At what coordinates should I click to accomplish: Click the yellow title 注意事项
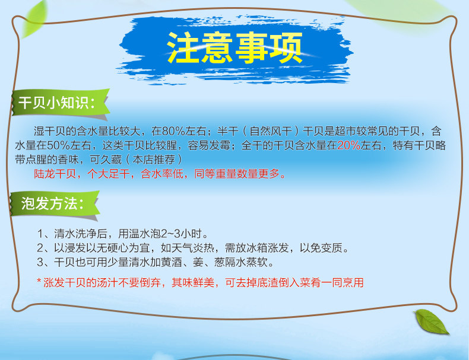(235, 48)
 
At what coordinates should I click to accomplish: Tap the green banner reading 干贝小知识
(61, 103)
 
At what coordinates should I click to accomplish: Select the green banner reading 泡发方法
(55, 204)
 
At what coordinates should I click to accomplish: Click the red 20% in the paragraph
(348, 145)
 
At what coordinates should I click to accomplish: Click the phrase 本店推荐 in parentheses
(154, 160)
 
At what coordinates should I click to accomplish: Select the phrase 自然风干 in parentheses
(271, 131)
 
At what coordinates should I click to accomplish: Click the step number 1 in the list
(40, 234)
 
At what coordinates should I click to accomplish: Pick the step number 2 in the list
(40, 248)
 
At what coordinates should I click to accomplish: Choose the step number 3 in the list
(40, 262)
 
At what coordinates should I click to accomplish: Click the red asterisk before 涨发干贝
(39, 281)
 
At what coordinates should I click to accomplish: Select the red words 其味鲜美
(192, 282)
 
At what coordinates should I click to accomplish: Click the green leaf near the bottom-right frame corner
(431, 321)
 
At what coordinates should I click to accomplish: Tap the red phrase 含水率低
(162, 174)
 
